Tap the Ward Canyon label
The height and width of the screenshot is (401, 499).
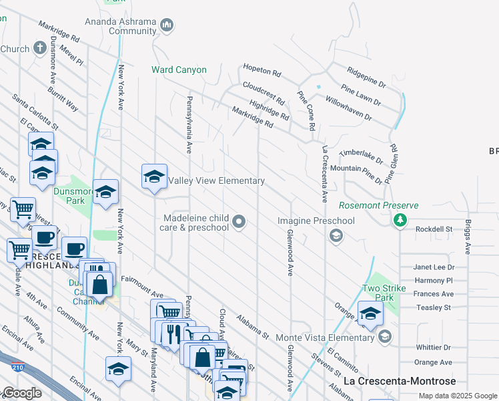point(179,70)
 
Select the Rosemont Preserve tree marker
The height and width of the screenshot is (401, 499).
point(400,219)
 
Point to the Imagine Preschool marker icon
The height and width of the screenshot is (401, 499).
point(336,235)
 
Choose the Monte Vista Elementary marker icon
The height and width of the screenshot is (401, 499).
point(384,338)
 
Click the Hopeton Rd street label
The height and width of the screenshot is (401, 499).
point(260,69)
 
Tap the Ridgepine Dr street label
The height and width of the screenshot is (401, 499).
point(366,77)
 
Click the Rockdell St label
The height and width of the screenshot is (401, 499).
point(434,229)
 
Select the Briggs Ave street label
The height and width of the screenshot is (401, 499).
point(468,237)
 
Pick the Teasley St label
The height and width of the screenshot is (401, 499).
point(433,307)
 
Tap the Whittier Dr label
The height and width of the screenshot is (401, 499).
point(432,348)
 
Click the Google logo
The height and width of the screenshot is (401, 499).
point(21,393)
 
